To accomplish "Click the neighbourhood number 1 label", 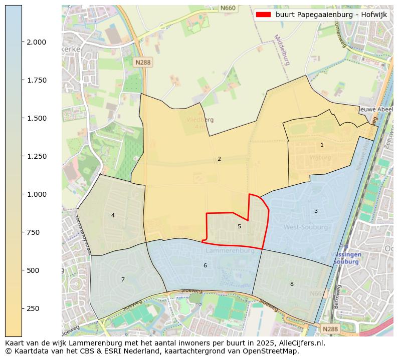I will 322,145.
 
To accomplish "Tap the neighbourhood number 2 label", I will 219,159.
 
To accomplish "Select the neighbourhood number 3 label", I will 316,211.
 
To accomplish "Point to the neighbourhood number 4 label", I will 113,215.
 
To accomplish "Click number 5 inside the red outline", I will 239,226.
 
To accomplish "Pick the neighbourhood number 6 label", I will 205,265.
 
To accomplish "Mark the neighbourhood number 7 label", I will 123,279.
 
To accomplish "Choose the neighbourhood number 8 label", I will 292,284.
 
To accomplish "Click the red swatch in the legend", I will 263,15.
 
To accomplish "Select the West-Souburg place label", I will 306,227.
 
